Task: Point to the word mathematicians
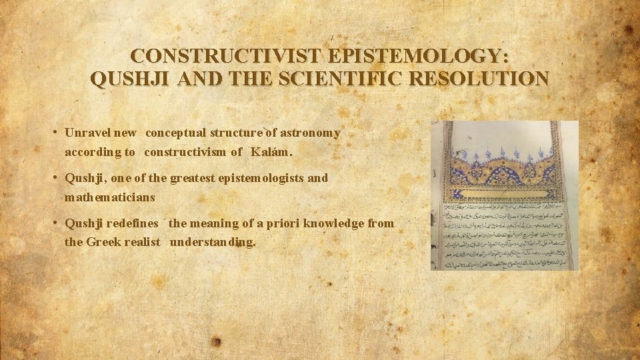point(109,197)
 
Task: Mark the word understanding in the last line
point(212,242)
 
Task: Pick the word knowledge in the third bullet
point(332,223)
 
